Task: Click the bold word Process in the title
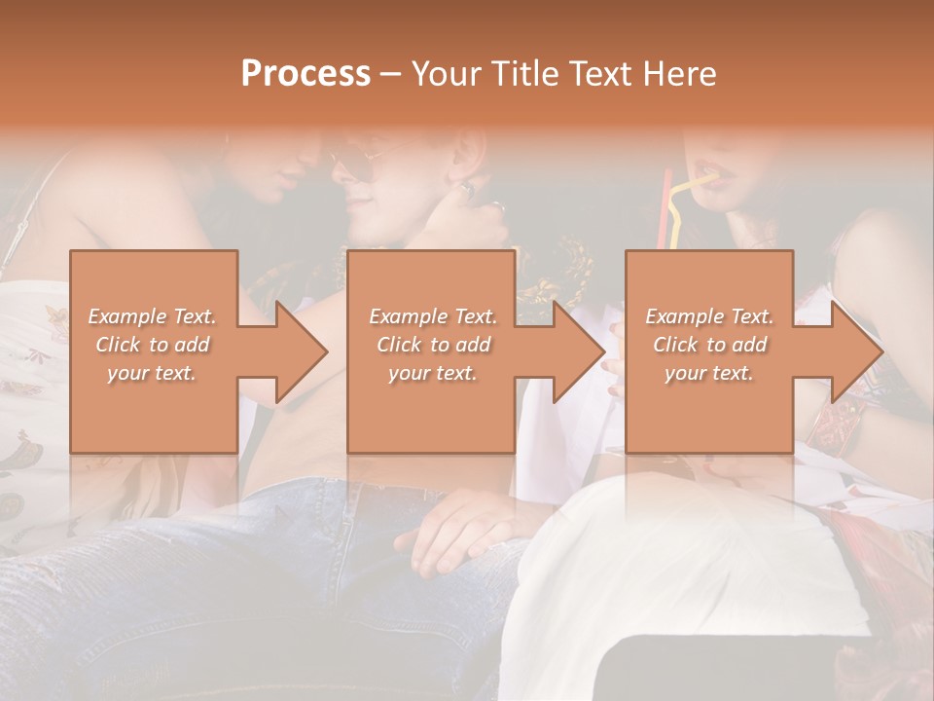tap(305, 74)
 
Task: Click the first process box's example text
tap(152, 345)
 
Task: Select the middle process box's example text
tap(432, 345)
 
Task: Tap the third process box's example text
tap(709, 345)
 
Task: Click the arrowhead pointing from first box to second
tap(301, 351)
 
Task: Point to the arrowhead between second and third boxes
tap(579, 351)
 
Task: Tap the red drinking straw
tap(666, 209)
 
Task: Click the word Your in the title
tap(445, 74)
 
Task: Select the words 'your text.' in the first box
tap(152, 373)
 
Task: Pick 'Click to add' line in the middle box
tap(432, 345)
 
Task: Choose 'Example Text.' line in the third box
tap(709, 316)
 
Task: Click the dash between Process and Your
tap(390, 74)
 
